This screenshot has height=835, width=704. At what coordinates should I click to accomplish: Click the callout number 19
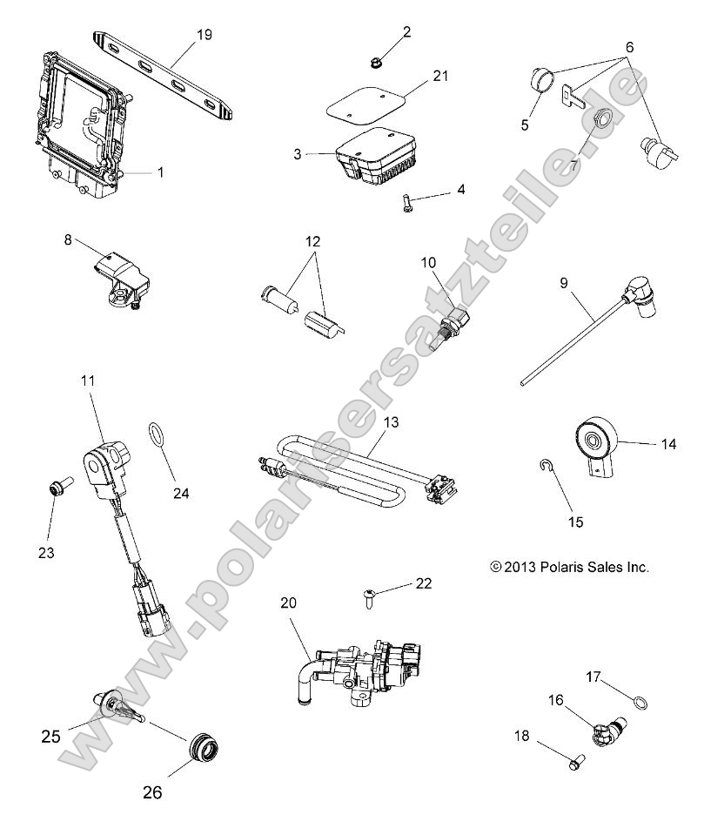(x=204, y=35)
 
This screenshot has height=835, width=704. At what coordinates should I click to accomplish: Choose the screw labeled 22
(x=369, y=597)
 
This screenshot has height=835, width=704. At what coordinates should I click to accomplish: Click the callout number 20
(x=288, y=602)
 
